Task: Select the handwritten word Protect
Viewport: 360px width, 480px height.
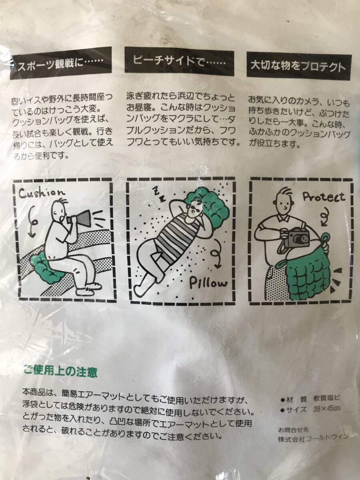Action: coord(324,197)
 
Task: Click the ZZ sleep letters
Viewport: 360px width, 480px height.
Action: coord(159,194)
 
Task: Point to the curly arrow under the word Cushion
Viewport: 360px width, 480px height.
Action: coord(32,221)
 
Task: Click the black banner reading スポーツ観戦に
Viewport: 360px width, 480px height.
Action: coord(61,64)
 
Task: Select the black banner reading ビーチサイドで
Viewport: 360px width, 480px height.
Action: coord(180,62)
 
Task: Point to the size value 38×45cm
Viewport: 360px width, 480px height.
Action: coord(327,408)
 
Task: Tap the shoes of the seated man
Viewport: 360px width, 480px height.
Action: coord(88,289)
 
